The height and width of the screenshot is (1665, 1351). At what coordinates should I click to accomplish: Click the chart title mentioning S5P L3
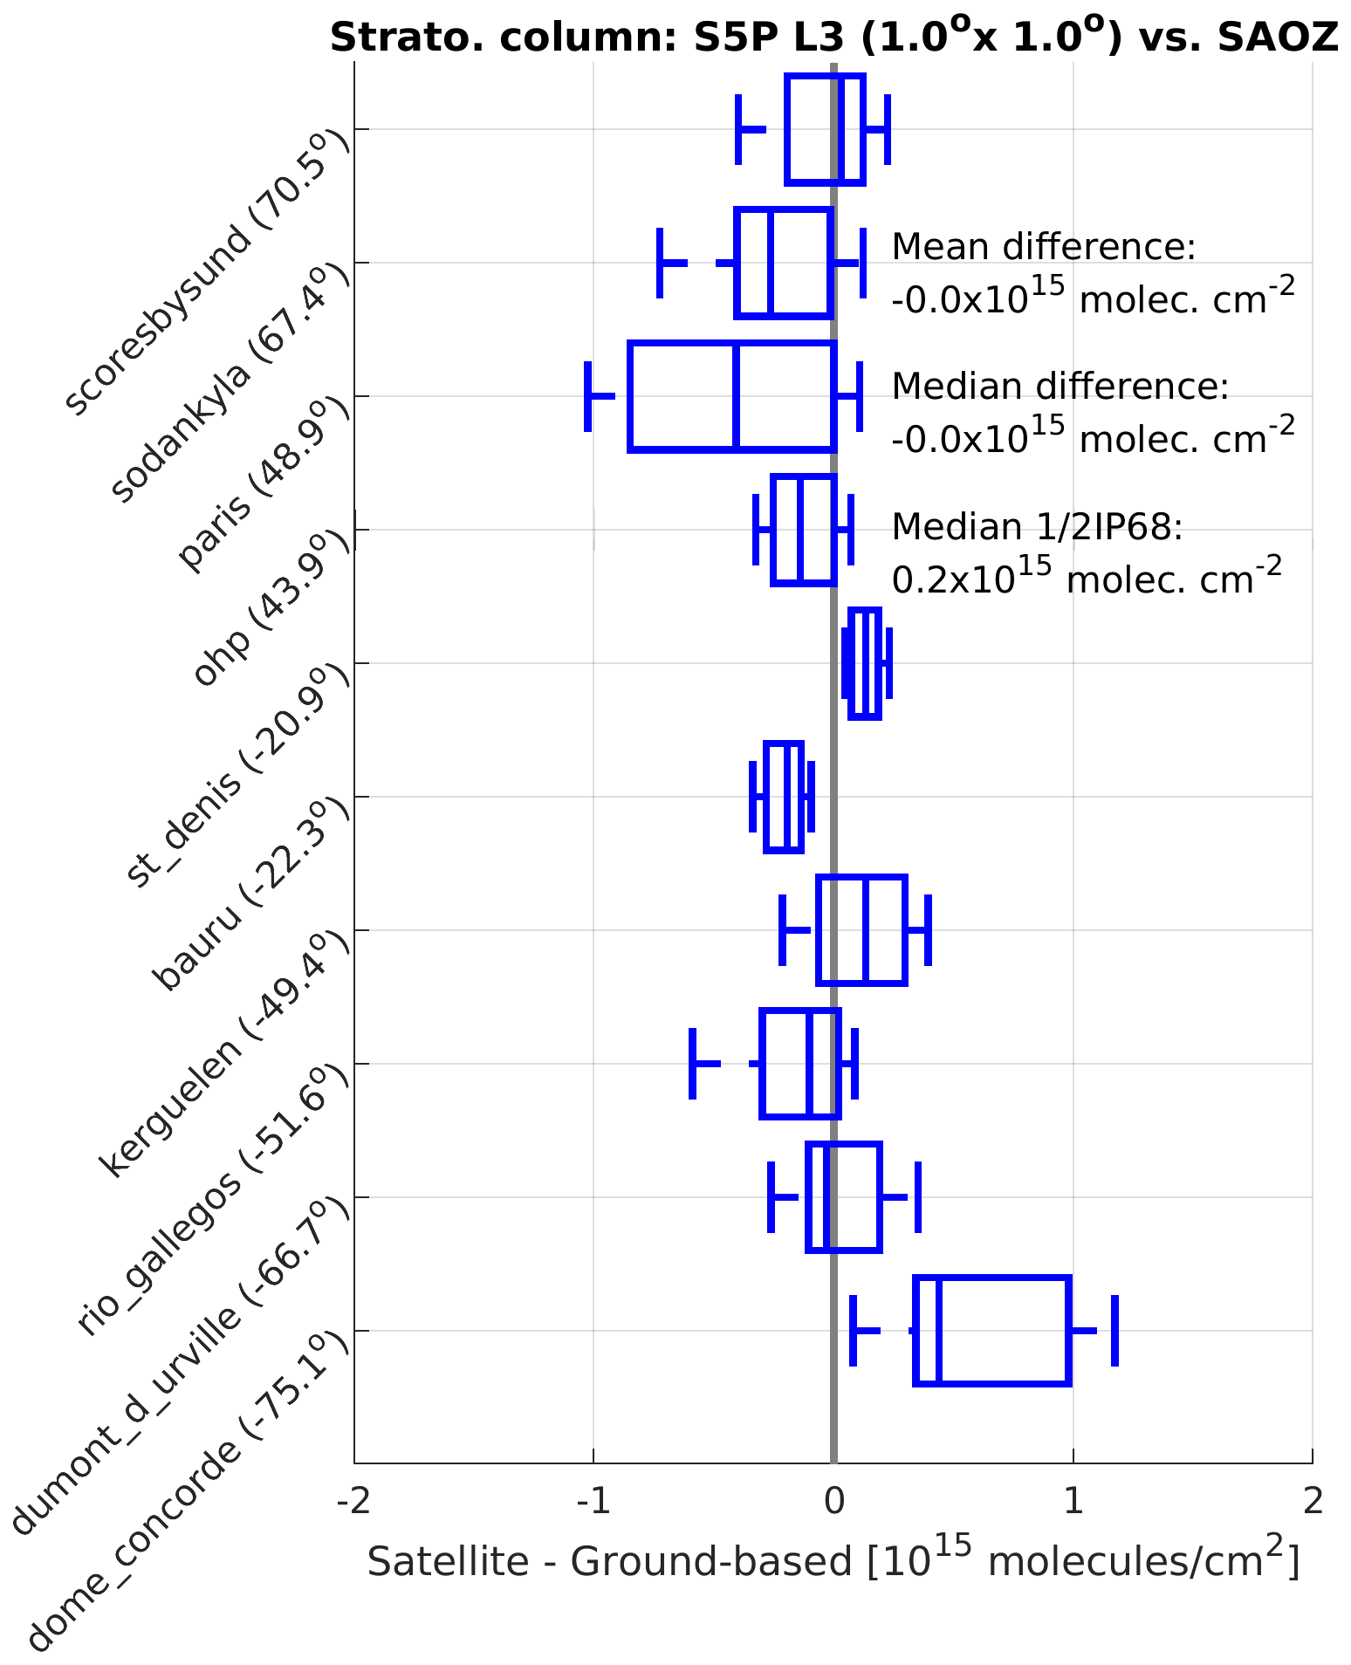click(833, 38)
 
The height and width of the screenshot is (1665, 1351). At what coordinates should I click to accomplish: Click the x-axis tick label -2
click(353, 1501)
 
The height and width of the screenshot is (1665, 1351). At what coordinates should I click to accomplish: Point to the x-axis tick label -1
click(593, 1501)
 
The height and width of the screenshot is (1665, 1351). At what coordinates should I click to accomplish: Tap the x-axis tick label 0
click(833, 1501)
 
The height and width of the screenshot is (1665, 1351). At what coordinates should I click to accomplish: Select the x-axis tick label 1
click(1073, 1501)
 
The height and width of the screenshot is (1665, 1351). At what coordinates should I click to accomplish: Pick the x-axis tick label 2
click(1312, 1501)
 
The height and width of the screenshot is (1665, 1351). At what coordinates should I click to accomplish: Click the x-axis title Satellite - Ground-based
click(833, 1560)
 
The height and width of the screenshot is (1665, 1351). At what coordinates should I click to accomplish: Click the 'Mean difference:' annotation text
click(1043, 247)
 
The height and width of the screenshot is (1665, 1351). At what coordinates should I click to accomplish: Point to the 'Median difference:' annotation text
click(1060, 387)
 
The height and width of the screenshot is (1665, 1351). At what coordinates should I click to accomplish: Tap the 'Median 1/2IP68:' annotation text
click(1037, 526)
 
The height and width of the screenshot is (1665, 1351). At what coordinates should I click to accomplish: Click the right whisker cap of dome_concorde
click(1114, 1331)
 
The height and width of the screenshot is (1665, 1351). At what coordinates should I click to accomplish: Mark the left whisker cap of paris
click(587, 396)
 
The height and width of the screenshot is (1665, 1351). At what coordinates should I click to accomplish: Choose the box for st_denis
click(865, 663)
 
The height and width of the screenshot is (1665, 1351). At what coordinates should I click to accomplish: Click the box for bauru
click(783, 797)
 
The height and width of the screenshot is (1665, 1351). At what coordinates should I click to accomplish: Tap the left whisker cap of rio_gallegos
click(692, 1064)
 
